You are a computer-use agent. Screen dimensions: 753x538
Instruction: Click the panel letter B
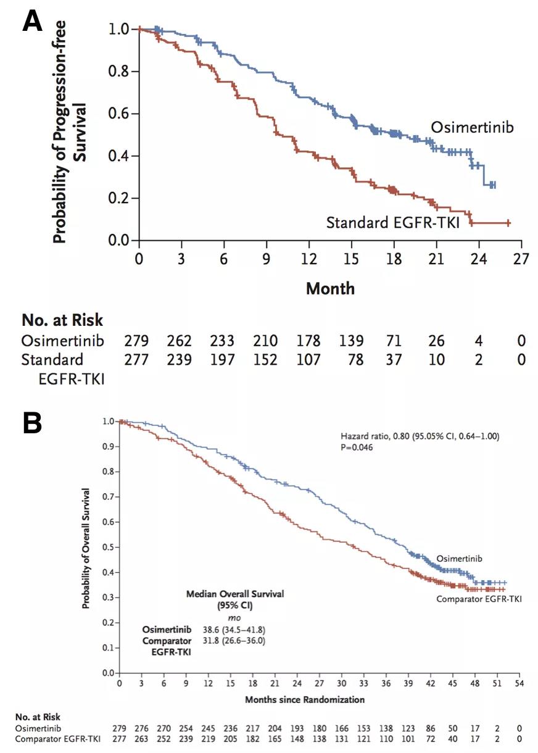(33, 423)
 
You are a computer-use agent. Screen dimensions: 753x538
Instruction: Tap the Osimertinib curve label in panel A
(472, 127)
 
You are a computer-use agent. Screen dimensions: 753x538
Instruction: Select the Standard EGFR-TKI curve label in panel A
(393, 222)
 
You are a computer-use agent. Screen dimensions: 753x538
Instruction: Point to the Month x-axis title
(330, 288)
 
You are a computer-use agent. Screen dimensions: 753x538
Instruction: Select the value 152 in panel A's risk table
(265, 359)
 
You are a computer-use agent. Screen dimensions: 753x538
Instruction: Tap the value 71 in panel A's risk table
(394, 341)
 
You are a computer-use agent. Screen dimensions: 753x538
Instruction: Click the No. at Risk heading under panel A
(62, 320)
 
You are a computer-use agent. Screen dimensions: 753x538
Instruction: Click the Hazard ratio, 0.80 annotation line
(420, 436)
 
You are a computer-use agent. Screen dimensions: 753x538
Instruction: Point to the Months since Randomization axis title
(305, 700)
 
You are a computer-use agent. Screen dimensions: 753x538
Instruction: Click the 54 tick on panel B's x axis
(520, 684)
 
